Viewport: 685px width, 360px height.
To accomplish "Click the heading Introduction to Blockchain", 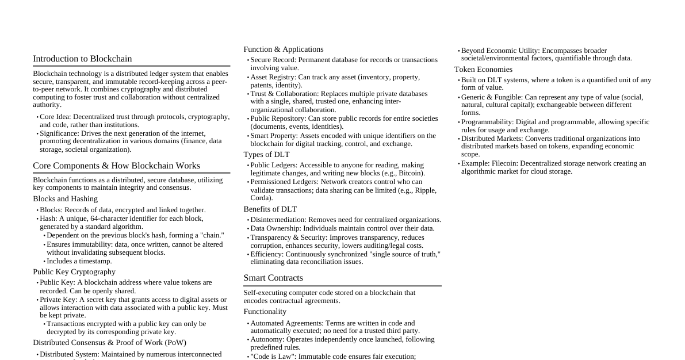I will (82, 59).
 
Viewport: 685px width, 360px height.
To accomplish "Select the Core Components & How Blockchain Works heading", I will (116, 166).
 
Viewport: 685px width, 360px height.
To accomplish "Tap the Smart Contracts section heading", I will (273, 278).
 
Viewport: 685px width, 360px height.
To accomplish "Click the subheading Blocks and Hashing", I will (65, 199).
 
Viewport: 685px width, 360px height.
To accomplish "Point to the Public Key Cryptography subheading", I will (74, 272).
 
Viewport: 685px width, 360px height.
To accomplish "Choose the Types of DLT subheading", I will (266, 155).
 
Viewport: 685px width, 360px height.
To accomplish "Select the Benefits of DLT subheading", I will (270, 209).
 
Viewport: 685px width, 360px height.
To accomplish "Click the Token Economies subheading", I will (483, 70).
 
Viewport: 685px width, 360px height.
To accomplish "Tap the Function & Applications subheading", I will (284, 49).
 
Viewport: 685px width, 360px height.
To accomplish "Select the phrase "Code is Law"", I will (272, 357).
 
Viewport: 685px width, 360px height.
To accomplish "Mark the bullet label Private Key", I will (58, 300).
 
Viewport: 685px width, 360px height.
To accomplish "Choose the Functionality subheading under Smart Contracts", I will (265, 312).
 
